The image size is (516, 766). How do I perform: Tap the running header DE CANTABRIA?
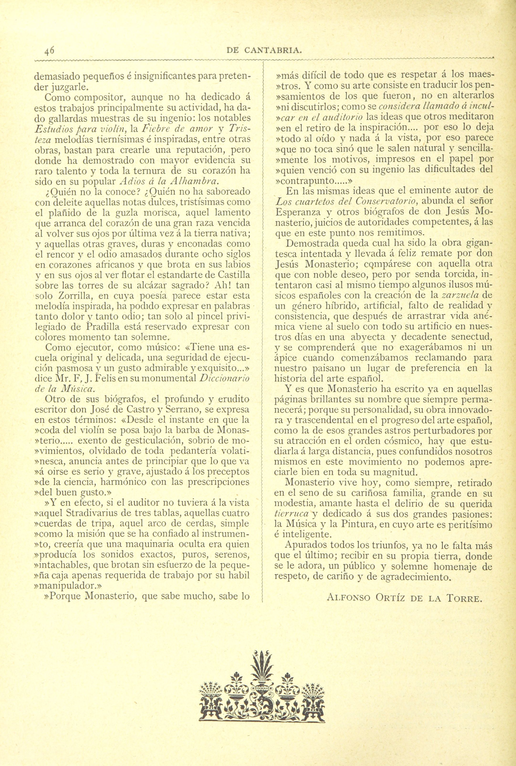(265, 50)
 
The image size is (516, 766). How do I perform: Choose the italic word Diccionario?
(225, 378)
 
